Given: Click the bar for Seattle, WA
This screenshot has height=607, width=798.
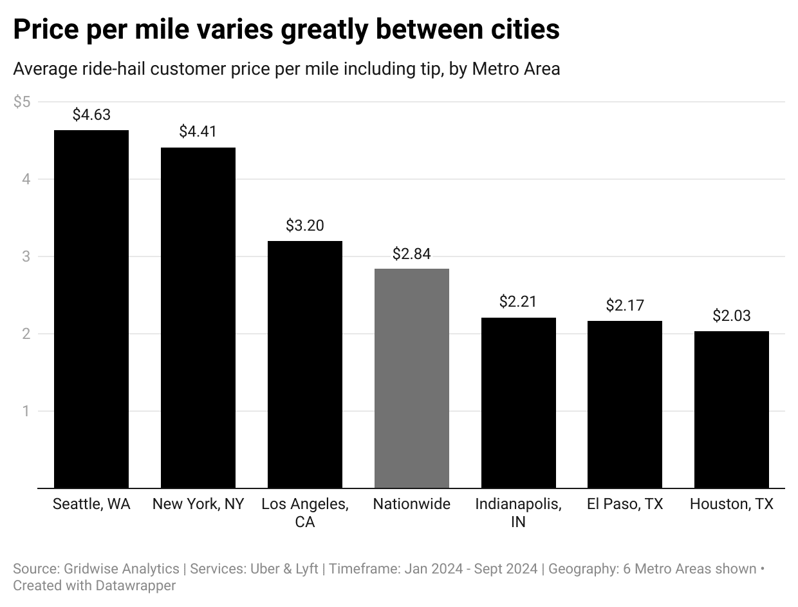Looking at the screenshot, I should [91, 309].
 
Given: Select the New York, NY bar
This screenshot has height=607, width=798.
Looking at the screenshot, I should [198, 318].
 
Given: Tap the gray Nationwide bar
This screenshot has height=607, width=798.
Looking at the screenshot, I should [412, 378].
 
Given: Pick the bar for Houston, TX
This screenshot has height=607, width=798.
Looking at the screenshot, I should [732, 410].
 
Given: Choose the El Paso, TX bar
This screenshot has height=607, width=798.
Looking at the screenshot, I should [625, 405].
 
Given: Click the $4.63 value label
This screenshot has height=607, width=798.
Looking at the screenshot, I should [91, 115].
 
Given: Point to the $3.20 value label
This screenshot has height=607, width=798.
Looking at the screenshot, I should [305, 226].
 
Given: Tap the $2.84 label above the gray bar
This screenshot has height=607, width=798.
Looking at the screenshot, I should [412, 254].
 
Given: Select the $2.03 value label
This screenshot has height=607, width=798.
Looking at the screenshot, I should [732, 316].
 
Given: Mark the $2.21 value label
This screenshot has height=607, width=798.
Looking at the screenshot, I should [518, 302].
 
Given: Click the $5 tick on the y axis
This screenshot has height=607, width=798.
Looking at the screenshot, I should [22, 102].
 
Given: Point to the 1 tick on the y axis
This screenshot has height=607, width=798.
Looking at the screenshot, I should [26, 411].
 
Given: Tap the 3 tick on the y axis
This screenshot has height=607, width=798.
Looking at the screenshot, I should [26, 256].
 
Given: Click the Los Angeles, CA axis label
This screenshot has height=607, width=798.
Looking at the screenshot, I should [305, 513].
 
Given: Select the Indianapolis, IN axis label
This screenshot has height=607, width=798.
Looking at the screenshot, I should [518, 513].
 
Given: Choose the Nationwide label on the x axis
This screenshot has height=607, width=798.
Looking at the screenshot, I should [412, 504].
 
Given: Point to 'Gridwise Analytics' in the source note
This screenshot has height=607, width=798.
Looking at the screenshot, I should [122, 569].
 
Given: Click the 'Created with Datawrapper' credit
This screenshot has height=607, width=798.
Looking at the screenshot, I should [95, 585].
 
